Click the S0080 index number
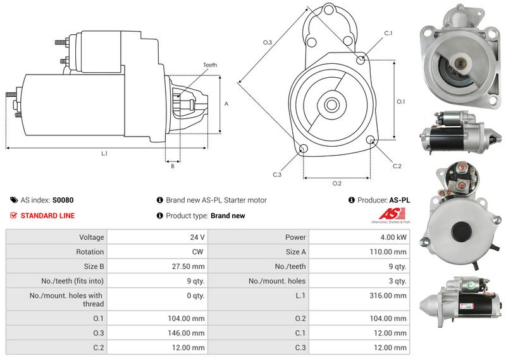(63, 200)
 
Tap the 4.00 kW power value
(393, 237)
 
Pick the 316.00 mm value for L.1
(388, 295)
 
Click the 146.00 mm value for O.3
(186, 333)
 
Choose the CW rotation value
(197, 252)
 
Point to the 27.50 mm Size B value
(188, 266)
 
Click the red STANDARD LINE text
(48, 216)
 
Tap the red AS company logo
(392, 214)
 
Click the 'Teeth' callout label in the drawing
(210, 65)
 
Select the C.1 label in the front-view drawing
(388, 34)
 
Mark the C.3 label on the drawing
(277, 175)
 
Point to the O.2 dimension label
(337, 183)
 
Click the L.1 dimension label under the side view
(104, 154)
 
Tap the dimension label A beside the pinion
(226, 104)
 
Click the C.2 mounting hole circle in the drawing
(371, 140)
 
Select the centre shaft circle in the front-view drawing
(331, 104)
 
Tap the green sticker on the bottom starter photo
(471, 285)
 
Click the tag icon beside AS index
(14, 200)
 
